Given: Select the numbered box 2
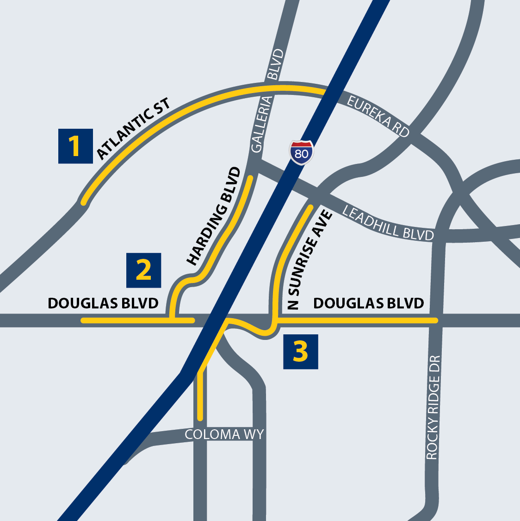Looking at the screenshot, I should coord(143,270).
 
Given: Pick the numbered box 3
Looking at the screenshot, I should coord(300,352).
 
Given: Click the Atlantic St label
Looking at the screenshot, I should coord(133,128).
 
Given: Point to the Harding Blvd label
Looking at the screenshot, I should coord(214,216).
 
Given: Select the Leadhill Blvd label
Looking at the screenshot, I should coord(388,223).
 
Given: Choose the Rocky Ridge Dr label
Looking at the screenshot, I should coord(432,408).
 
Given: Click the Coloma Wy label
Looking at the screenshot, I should coord(224,434).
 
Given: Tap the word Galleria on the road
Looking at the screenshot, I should coord(260,124).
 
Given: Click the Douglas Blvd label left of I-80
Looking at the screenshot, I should coord(103,303).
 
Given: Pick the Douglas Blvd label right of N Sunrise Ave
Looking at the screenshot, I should coord(368,303).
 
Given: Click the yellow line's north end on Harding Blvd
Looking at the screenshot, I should coord(251,177).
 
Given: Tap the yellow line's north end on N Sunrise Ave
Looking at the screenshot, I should coord(310,207).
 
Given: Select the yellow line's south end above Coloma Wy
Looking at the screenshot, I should coord(200,418).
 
